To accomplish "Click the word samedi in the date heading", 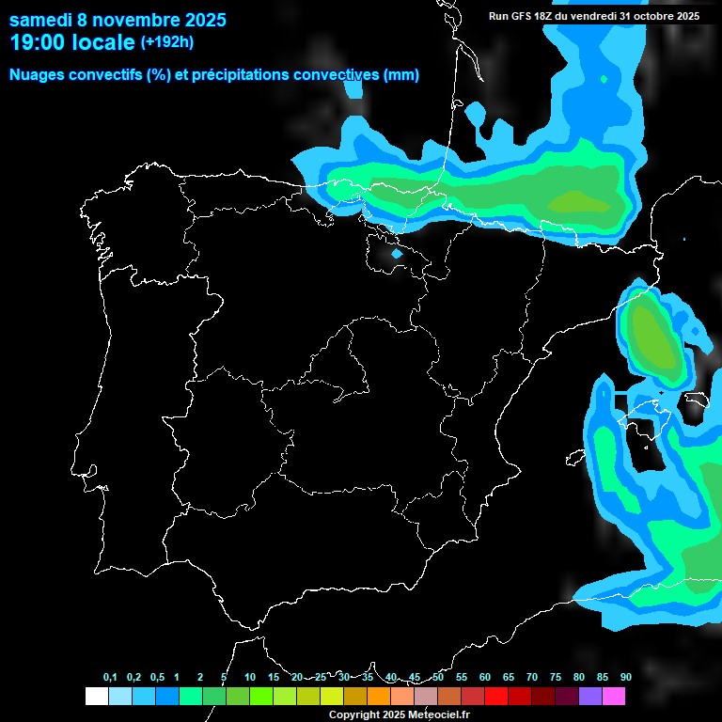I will pyautogui.click(x=40, y=20).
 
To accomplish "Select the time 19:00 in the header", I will pyautogui.click(x=39, y=42).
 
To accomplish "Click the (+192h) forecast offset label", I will pyautogui.click(x=166, y=42).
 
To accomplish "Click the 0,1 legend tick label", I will pyautogui.click(x=110, y=677).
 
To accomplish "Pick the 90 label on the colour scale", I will pyautogui.click(x=625, y=677).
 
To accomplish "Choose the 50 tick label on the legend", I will pyautogui.click(x=438, y=677).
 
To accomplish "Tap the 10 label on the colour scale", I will pyautogui.click(x=249, y=677).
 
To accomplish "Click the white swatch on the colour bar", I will pyautogui.click(x=96, y=696).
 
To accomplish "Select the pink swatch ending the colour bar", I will pyautogui.click(x=613, y=696).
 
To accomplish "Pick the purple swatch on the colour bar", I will pyautogui.click(x=589, y=696).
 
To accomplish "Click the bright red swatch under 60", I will pyautogui.click(x=495, y=696).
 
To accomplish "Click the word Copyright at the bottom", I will pyautogui.click(x=354, y=715).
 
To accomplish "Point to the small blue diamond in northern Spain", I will pyautogui.click(x=396, y=254).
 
